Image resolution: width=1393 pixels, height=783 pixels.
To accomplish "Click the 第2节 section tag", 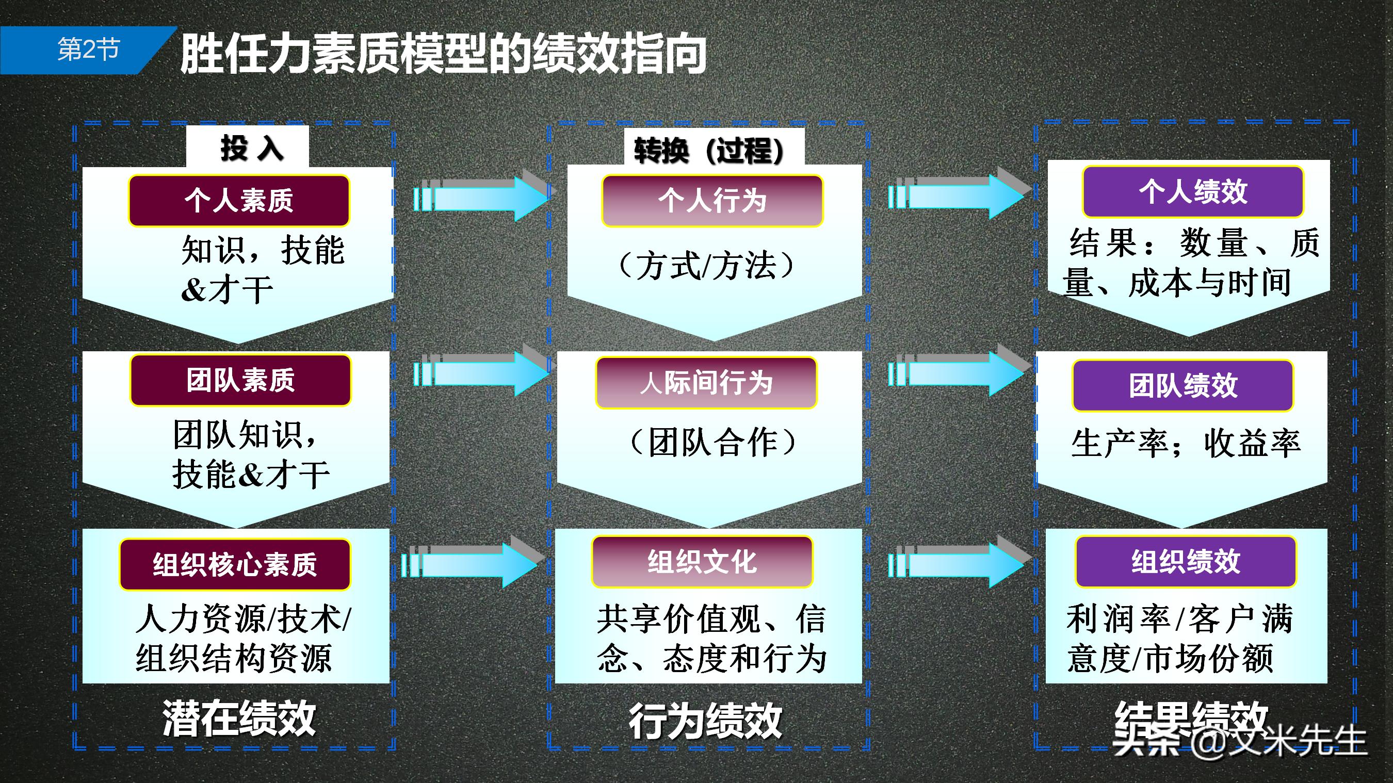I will (88, 50).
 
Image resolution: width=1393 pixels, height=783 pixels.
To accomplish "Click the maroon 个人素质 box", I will (239, 201).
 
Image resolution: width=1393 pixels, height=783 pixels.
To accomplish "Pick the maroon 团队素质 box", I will (240, 380).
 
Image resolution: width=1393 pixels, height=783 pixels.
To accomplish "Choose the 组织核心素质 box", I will (235, 564).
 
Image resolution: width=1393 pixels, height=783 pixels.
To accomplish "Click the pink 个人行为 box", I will (712, 201).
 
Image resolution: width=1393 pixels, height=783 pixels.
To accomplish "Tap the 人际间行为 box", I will (706, 383).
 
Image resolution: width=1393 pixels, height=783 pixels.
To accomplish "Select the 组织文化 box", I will (702, 562).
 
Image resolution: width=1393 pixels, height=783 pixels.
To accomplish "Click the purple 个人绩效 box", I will (1193, 192).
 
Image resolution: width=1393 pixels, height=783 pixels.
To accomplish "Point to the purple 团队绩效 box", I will (1183, 385).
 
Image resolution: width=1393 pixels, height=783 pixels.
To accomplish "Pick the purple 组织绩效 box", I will (1186, 562).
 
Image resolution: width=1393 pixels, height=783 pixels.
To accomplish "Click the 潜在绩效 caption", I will (239, 718).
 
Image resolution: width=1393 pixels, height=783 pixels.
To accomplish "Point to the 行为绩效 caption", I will (705, 721).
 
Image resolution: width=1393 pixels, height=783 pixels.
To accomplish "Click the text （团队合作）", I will (712, 443).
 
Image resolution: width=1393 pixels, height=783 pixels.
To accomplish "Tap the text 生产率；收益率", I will (1186, 444).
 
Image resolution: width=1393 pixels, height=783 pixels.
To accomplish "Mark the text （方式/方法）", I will (706, 266).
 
